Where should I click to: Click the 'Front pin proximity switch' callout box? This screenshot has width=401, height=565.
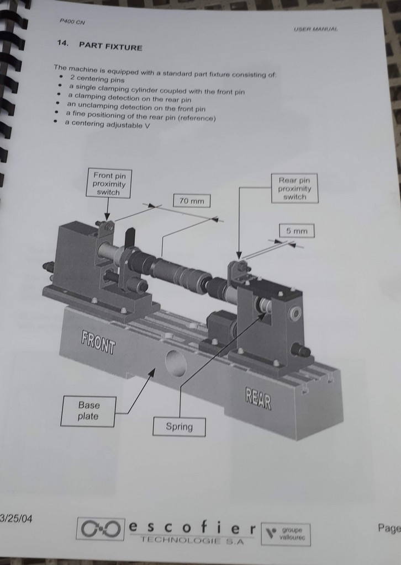pyautogui.click(x=109, y=183)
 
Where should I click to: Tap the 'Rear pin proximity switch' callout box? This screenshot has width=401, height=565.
pyautogui.click(x=294, y=188)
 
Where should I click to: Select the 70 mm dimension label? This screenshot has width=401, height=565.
pyautogui.click(x=192, y=201)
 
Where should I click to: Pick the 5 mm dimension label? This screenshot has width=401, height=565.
pyautogui.click(x=297, y=231)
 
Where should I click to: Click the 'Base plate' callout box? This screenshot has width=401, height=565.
pyautogui.click(x=88, y=411)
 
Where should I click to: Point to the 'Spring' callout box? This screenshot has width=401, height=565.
pyautogui.click(x=179, y=427)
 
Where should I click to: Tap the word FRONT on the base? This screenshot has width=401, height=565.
pyautogui.click(x=98, y=343)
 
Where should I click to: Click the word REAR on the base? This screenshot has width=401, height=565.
pyautogui.click(x=258, y=398)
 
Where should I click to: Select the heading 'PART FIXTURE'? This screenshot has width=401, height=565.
pyautogui.click(x=110, y=46)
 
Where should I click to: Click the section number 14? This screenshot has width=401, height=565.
pyautogui.click(x=62, y=43)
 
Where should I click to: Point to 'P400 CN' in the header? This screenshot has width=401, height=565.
pyautogui.click(x=72, y=22)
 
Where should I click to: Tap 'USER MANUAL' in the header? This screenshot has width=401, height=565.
pyautogui.click(x=316, y=29)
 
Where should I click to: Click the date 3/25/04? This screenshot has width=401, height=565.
pyautogui.click(x=16, y=519)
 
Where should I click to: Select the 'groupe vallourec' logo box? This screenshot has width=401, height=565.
pyautogui.click(x=286, y=534)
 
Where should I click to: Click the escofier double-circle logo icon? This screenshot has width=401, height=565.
pyautogui.click(x=101, y=529)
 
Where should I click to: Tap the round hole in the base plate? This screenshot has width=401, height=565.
pyautogui.click(x=176, y=363)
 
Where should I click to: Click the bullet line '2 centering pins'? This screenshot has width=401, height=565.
pyautogui.click(x=97, y=79)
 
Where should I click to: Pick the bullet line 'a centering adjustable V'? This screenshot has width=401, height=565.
pyautogui.click(x=107, y=124)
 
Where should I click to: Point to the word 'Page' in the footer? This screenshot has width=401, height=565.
pyautogui.click(x=389, y=528)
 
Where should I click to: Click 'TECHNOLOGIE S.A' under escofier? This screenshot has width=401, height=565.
pyautogui.click(x=192, y=540)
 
